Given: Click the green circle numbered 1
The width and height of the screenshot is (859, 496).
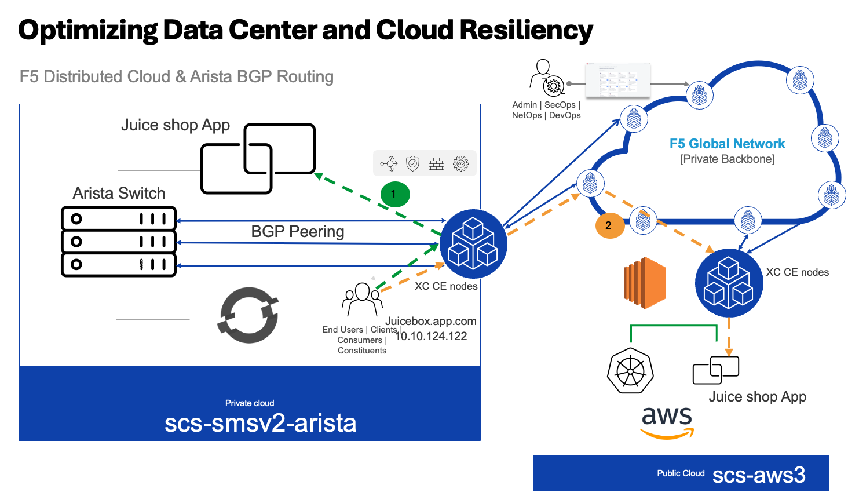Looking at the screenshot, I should click(394, 194).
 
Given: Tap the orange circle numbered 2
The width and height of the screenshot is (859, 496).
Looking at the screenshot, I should click(609, 225).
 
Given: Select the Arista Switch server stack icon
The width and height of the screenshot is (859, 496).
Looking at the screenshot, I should click(119, 242).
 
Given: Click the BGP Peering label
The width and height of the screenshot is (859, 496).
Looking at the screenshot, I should click(297, 231).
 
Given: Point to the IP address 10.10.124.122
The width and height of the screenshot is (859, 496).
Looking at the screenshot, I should click(431, 336).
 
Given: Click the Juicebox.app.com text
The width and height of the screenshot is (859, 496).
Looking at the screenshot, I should click(431, 321).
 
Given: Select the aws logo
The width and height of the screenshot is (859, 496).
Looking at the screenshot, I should click(667, 421).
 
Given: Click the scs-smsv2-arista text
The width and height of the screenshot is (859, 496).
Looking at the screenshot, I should click(260, 423).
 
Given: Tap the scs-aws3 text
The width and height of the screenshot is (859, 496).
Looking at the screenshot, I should click(758, 475).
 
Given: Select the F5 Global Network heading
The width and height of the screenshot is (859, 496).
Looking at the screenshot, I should click(727, 144).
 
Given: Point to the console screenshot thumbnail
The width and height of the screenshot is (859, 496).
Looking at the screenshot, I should click(617, 80).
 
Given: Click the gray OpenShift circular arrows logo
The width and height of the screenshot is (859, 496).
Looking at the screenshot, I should click(248, 315).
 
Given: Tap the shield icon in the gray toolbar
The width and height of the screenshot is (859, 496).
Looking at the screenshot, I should click(412, 163).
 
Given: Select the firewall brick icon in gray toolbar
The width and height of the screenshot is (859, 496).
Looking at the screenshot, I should click(436, 163).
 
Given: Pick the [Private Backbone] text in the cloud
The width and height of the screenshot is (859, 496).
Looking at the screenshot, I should click(727, 159).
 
